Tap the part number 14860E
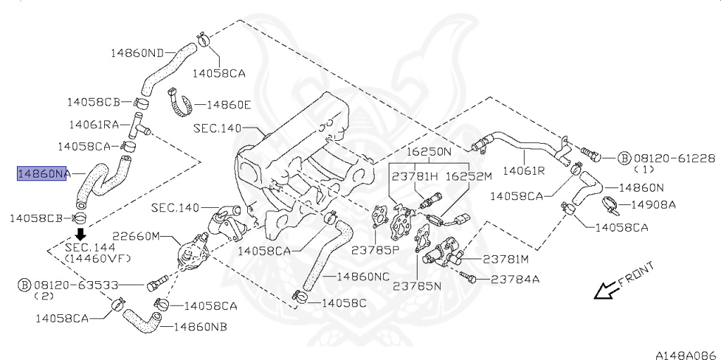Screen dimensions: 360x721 [228, 105]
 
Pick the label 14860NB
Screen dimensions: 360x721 [200, 327]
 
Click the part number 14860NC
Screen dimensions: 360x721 [363, 276]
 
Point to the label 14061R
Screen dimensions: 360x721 [523, 170]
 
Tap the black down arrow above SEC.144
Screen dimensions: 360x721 [81, 234]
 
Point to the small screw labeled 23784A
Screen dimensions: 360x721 [472, 279]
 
